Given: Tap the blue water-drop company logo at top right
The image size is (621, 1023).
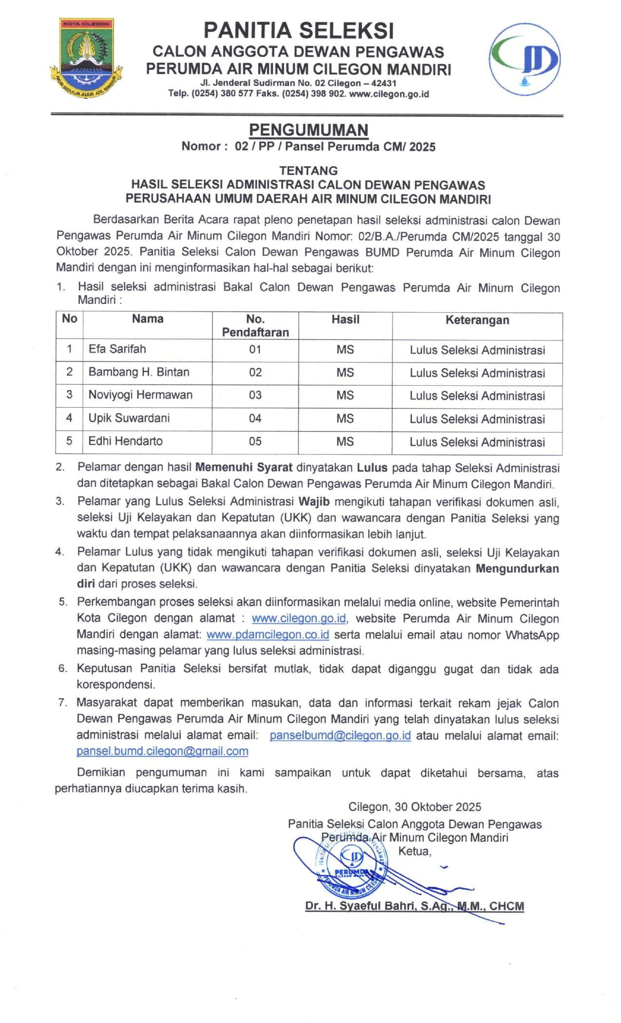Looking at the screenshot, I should point(525,59).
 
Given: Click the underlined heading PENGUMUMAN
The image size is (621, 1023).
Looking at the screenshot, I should point(308,130).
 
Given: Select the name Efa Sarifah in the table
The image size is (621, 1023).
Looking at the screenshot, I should point(117,349).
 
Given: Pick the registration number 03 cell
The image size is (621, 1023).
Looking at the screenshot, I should point(255,395).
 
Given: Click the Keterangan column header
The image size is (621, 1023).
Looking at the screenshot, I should point(477,320).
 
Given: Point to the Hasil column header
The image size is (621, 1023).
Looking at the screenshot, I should point(345,320).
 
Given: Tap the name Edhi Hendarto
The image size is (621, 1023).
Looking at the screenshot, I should point(125,441).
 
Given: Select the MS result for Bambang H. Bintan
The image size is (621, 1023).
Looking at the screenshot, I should point(345,373).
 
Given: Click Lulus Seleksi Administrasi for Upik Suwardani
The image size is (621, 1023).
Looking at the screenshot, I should point(477,419).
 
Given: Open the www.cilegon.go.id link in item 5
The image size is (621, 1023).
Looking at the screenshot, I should point(299,619).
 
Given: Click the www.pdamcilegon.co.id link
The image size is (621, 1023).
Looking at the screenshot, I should point(268,635).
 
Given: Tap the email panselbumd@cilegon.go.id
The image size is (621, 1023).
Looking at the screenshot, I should point(340,735).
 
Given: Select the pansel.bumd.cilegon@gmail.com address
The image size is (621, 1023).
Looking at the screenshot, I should point(162,751).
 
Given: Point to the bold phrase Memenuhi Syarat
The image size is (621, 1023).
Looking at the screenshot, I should point(244,468).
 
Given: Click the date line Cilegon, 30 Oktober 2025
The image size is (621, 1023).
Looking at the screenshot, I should point(414,807).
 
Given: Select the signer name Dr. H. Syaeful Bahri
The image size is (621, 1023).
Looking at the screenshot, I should point(414,906).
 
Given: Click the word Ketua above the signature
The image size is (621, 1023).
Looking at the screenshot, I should point(414,851).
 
